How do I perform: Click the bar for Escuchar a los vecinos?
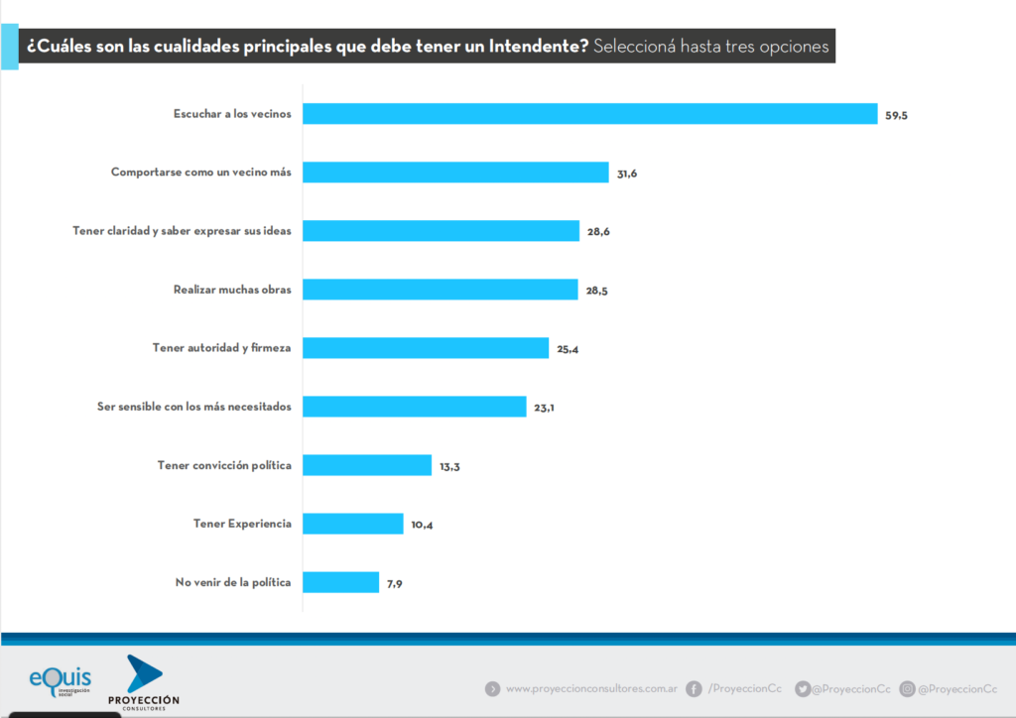[589, 114]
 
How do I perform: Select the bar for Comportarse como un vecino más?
[454, 173]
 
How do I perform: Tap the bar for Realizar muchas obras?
[440, 290]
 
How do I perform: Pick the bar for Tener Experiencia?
[352, 524]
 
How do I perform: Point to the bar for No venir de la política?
[340, 582]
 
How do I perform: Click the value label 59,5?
[896, 116]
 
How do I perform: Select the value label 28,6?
[597, 232]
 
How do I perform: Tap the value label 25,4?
[568, 349]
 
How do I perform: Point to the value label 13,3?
[449, 466]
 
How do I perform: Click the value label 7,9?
[395, 583]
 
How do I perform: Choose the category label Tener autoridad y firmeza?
[221, 348]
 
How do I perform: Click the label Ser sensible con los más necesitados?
[193, 407]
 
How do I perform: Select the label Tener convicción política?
[224, 465]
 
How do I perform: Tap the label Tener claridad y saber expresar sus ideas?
[182, 231]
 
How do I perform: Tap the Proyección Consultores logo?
[144, 682]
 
